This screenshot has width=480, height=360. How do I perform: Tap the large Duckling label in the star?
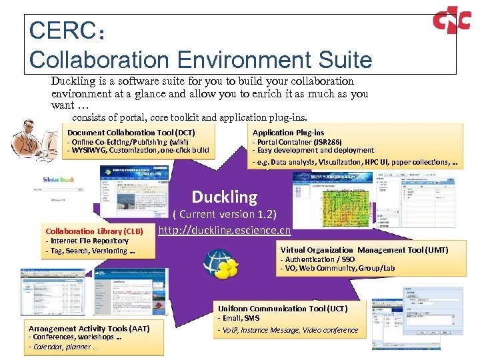(x=225, y=197)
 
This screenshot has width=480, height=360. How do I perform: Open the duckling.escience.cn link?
(x=225, y=231)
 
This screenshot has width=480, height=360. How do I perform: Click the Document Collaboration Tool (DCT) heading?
(x=131, y=133)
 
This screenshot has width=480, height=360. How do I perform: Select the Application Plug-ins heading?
(x=288, y=133)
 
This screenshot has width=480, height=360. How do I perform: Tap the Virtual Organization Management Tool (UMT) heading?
(x=364, y=250)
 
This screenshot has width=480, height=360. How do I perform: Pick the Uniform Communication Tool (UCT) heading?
(x=283, y=309)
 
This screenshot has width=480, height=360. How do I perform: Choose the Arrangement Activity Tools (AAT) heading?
(x=89, y=328)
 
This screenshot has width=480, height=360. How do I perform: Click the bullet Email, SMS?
(x=239, y=318)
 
